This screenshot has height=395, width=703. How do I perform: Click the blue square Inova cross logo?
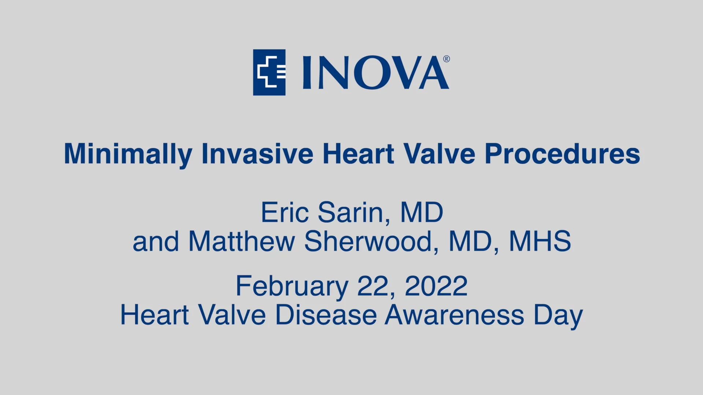tap(269, 72)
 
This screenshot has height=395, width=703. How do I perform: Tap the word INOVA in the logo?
tap(375, 73)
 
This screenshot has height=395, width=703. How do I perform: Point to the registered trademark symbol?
tap(446, 59)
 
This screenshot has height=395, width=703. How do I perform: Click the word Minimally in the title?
tap(128, 154)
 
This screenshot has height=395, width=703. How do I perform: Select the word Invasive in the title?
tap(257, 154)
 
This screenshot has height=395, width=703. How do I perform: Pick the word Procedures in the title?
tap(562, 154)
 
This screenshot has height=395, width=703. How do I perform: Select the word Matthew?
tap(242, 241)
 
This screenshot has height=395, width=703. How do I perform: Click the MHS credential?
tap(540, 241)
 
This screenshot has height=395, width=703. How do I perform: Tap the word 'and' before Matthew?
tap(156, 241)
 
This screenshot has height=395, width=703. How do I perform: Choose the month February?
tap(292, 286)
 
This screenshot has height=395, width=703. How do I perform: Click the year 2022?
tap(436, 286)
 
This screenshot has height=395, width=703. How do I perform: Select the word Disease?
tap(326, 315)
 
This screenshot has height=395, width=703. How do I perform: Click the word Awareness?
tap(454, 315)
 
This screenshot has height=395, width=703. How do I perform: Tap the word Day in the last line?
tap(558, 315)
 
